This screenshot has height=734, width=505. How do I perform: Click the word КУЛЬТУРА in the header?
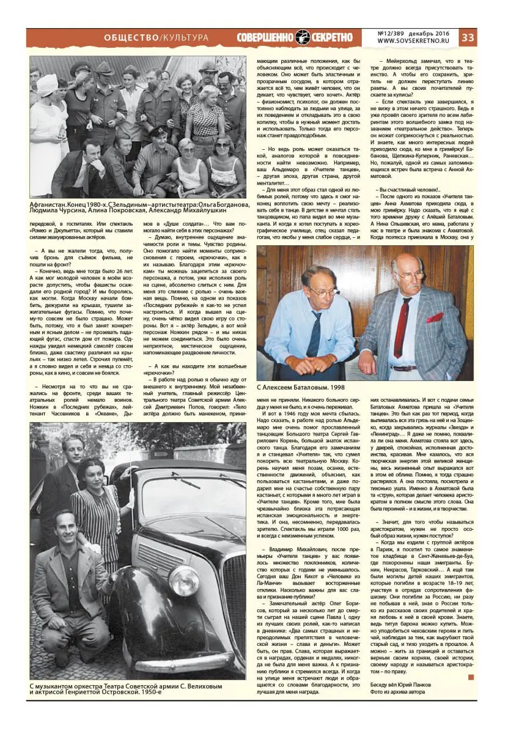185,38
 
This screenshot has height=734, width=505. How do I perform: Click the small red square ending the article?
471,677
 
